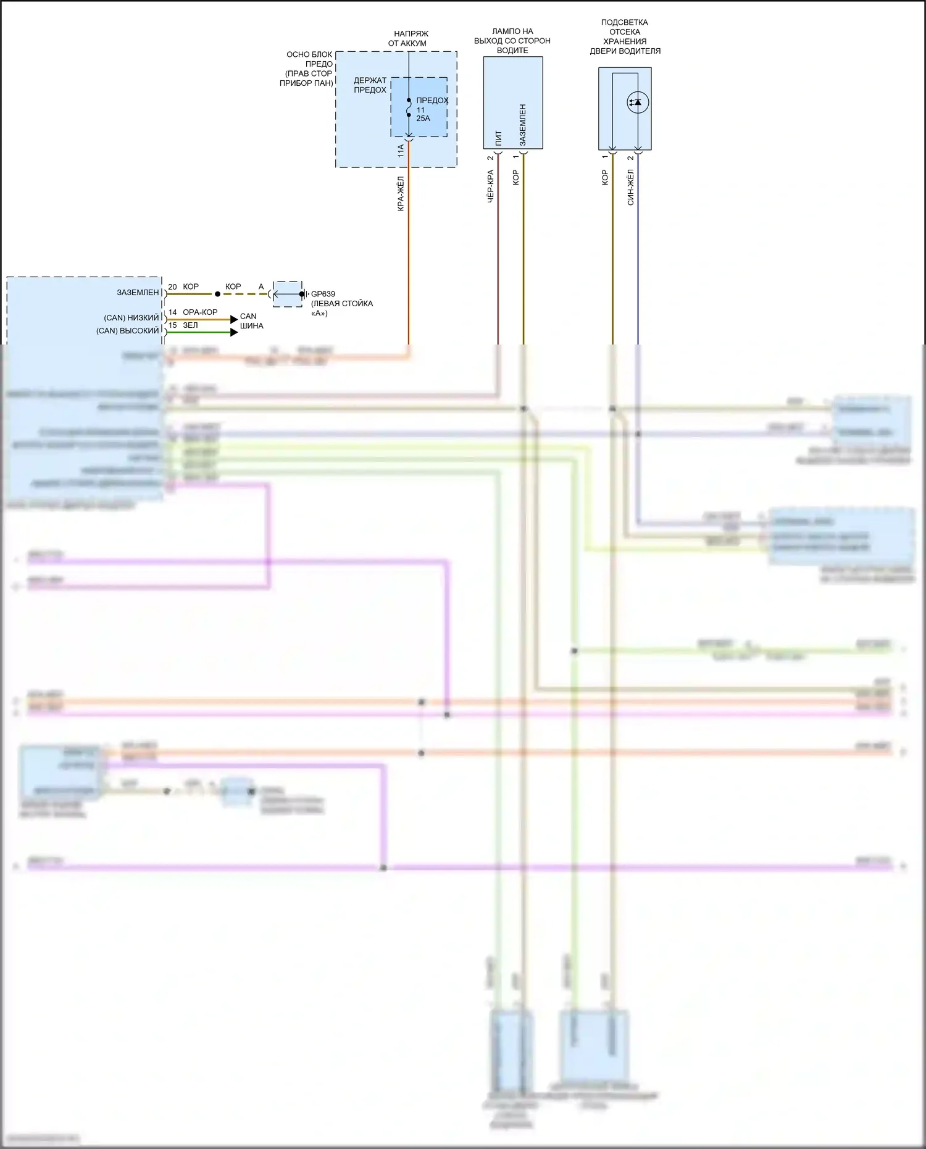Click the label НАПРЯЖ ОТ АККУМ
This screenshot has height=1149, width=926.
coord(407,38)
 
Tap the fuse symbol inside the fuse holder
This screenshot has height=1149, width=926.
coord(409,107)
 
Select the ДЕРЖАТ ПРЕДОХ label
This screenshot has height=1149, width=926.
coord(370,85)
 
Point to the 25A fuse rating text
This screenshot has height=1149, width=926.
coord(423,119)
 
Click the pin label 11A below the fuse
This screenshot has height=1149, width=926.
coord(401,151)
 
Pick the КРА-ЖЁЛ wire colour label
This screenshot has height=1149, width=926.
coord(401,194)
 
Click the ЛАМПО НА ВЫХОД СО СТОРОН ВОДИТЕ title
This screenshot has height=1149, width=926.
coord(512,41)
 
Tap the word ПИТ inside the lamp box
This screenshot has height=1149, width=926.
coord(499,137)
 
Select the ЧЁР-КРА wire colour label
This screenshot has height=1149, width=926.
coord(491,187)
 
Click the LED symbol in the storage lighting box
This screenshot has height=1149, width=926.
coord(637,102)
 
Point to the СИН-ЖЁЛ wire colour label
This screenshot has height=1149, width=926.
coord(630,188)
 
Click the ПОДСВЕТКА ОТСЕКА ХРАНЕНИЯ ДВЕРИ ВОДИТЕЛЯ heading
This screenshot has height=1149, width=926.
coord(625,37)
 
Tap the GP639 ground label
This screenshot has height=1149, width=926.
coord(323,295)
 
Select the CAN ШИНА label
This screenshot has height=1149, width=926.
coord(251,321)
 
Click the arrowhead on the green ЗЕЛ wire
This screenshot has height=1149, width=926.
coord(234,332)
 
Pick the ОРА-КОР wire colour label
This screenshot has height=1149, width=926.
coord(200,312)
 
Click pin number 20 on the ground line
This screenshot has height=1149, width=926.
coord(172,287)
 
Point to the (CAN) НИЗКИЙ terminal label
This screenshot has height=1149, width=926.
coord(131,318)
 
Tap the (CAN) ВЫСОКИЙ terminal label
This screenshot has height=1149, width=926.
coord(127,331)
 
